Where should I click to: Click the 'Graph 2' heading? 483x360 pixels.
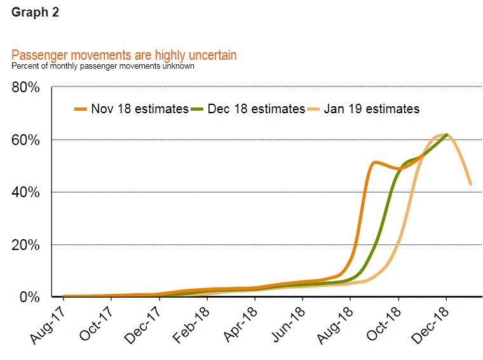tap(35, 13)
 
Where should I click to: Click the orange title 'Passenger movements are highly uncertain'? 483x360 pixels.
tap(124, 55)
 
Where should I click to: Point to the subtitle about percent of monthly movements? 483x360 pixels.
tap(103, 66)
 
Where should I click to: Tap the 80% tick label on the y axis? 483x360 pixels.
tap(26, 88)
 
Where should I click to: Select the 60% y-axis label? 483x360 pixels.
tap(26, 140)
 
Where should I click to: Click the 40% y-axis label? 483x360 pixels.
tap(26, 192)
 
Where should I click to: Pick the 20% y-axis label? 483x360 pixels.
tap(26, 245)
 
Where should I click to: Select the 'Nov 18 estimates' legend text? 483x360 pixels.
tap(139, 109)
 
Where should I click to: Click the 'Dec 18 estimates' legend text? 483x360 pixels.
tap(256, 109)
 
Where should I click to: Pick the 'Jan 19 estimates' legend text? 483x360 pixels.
tap(372, 109)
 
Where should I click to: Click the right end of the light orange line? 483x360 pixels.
tap(470, 184)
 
